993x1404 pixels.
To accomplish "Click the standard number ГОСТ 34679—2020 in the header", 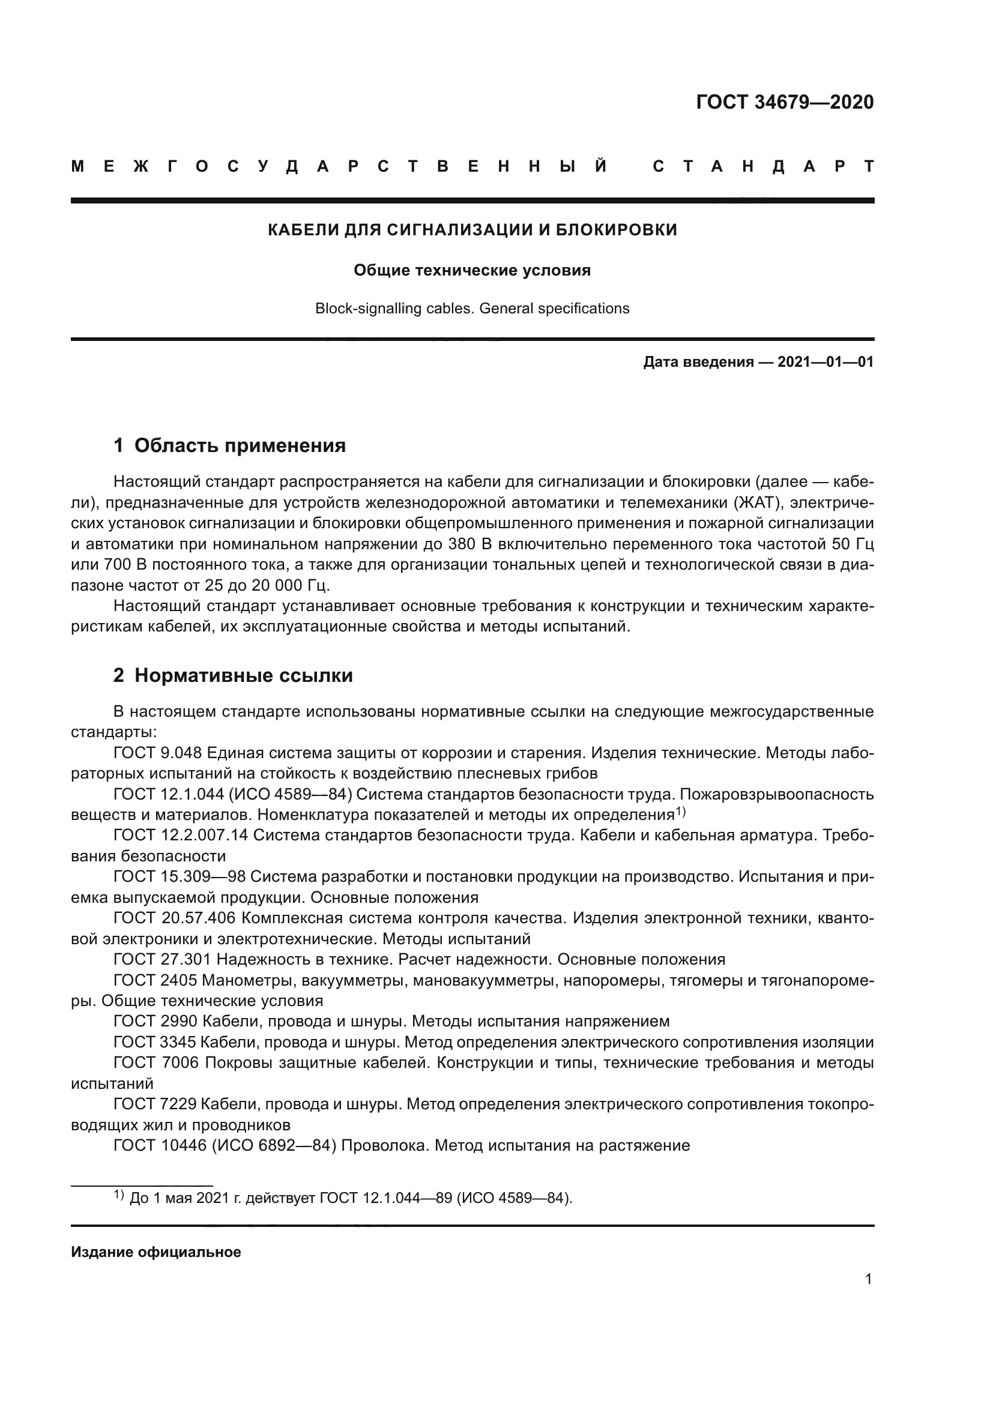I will click(785, 102).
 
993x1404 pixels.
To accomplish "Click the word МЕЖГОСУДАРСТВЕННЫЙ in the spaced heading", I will click(339, 166).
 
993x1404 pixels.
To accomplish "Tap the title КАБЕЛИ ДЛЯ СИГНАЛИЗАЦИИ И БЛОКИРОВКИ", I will click(472, 230).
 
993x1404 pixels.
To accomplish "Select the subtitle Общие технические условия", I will click(472, 270).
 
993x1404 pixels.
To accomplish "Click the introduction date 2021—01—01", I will click(825, 362).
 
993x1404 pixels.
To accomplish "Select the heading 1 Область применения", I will click(230, 445).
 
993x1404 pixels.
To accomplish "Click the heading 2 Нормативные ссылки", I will click(233, 675).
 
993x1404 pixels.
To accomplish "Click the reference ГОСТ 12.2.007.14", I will click(181, 836).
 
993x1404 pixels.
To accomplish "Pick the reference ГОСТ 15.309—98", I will click(179, 877).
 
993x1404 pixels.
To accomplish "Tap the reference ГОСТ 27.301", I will click(162, 959).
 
